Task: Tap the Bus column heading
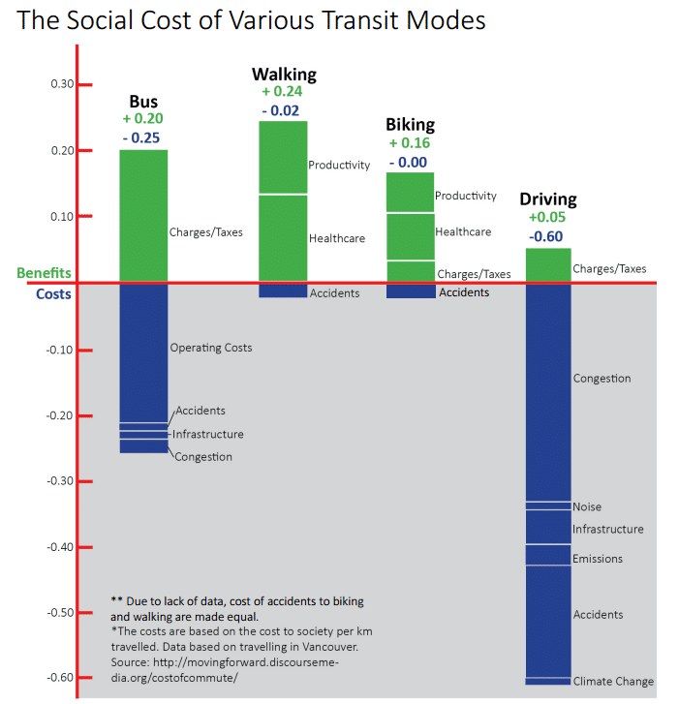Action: [x=143, y=102]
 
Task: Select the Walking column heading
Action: [x=284, y=75]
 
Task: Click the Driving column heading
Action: [x=547, y=199]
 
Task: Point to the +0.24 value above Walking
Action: [x=283, y=93]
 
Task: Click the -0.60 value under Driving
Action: [x=547, y=236]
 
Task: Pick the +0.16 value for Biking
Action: [x=409, y=143]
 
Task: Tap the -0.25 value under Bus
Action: [x=142, y=138]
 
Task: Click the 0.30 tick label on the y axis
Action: [x=62, y=84]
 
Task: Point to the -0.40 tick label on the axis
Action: [x=60, y=547]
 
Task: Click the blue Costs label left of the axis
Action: [x=53, y=293]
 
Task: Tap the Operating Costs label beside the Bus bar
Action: [x=210, y=348]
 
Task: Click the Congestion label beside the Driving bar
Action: [x=602, y=379]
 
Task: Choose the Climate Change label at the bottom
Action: [x=613, y=682]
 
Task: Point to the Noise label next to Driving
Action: [x=587, y=507]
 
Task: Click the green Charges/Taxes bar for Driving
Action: [x=547, y=265]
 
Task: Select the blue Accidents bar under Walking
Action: [x=283, y=291]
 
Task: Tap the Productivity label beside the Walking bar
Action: [x=339, y=166]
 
